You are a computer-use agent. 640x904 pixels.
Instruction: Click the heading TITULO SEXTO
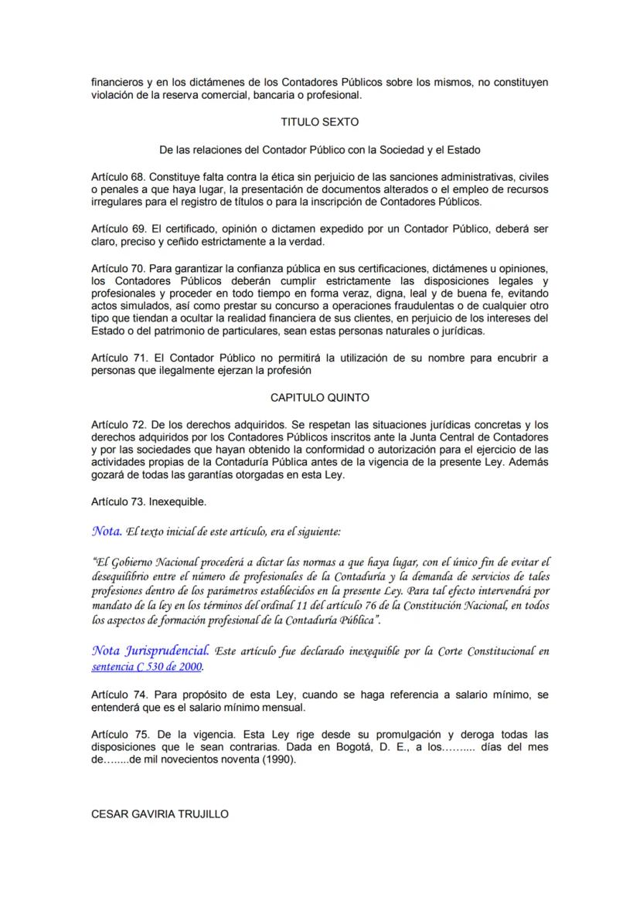tap(319, 122)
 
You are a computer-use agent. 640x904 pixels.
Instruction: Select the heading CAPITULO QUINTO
tap(319, 398)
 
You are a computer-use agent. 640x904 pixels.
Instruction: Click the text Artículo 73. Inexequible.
tap(148, 502)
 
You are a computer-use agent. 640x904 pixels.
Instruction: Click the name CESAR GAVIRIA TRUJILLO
tap(159, 814)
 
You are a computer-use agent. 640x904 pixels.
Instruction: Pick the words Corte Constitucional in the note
tap(492, 652)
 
